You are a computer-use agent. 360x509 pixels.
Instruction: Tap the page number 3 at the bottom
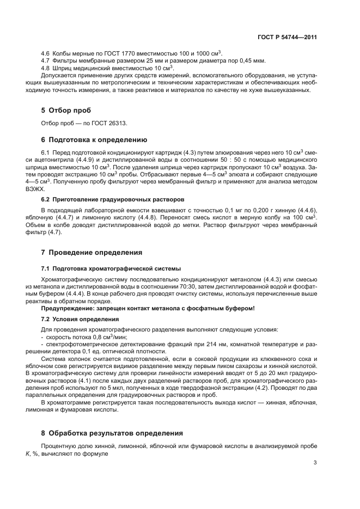[315, 463]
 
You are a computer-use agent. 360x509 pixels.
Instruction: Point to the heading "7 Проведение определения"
[91, 253]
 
